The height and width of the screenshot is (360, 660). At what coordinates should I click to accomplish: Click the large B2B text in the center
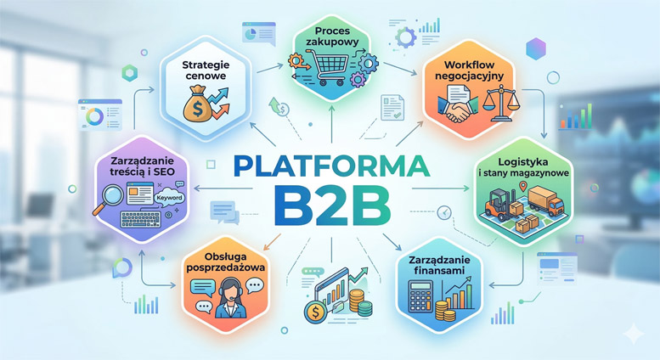click(x=330, y=205)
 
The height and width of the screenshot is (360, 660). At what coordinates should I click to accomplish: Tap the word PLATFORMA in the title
click(x=331, y=166)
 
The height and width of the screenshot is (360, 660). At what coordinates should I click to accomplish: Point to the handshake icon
click(x=458, y=110)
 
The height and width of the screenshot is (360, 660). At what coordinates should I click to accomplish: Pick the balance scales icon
click(x=500, y=103)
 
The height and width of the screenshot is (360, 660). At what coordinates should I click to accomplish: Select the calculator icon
click(x=421, y=297)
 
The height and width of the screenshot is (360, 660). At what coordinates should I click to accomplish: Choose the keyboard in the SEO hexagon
click(x=140, y=219)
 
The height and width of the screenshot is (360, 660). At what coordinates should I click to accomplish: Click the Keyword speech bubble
click(x=169, y=198)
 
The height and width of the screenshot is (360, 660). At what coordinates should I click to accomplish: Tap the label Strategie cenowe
click(x=206, y=70)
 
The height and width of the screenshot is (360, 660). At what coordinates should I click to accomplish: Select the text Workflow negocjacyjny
click(x=470, y=70)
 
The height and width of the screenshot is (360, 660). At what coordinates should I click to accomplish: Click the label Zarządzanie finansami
click(x=439, y=265)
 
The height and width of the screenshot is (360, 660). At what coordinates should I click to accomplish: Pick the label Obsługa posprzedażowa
click(x=226, y=262)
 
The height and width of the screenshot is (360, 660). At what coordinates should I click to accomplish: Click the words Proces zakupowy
click(x=332, y=36)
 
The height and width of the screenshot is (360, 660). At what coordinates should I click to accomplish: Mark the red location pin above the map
click(x=523, y=185)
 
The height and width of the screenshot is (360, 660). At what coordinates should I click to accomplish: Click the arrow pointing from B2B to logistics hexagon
click(x=440, y=188)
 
